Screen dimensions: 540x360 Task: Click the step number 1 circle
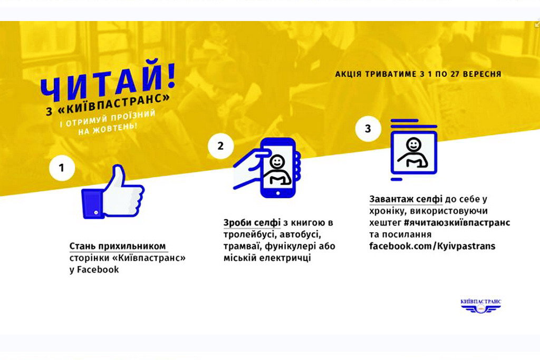point(62,168)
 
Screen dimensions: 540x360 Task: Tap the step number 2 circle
point(221,146)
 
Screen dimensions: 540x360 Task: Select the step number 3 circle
point(368,129)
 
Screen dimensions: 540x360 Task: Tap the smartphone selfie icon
point(267,168)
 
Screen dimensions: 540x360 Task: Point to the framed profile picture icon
point(413,150)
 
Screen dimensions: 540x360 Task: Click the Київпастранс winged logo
point(481,306)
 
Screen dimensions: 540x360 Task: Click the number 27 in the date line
point(455,74)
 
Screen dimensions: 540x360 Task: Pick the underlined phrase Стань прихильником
point(118,247)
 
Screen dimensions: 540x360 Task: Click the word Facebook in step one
point(98,269)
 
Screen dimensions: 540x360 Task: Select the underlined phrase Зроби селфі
point(252,222)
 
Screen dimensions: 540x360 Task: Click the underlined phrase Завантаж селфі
point(406,199)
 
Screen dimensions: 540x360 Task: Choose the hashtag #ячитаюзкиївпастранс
point(457,222)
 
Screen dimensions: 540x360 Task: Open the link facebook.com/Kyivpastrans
point(432,246)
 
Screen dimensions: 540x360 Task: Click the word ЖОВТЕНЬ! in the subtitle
point(118,128)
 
